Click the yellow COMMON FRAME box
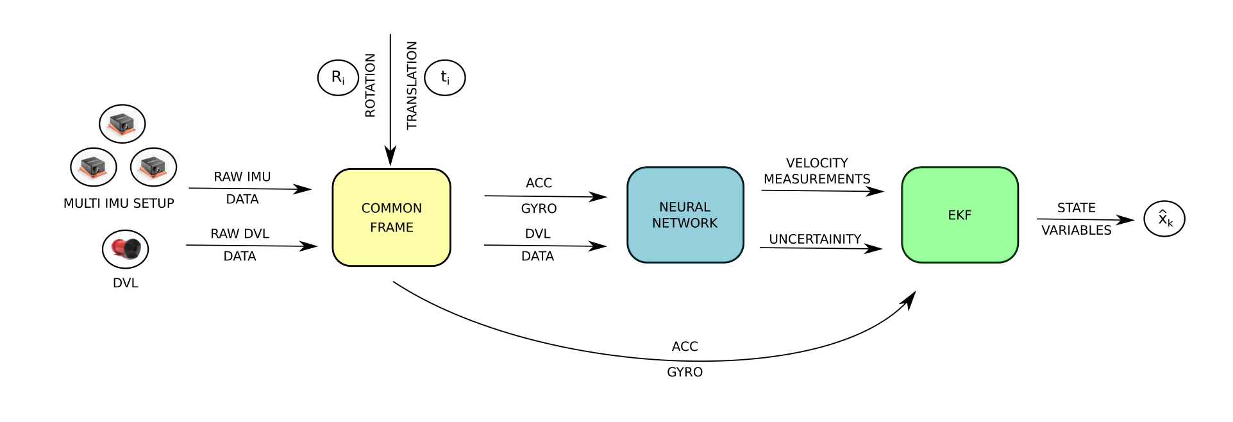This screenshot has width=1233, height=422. pos(391,217)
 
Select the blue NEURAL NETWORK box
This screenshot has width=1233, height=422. pos(685,215)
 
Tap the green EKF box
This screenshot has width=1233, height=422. pos(959,215)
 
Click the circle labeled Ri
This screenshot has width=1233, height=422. pos(338,78)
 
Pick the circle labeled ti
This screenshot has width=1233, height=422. pos(445,78)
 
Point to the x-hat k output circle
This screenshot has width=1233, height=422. pos(1164,219)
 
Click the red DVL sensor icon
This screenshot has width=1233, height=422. pos(125,249)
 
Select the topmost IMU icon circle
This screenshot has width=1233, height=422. pos(122,124)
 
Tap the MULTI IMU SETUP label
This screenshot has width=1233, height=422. pos(119,203)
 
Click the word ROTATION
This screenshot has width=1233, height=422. pos(370,85)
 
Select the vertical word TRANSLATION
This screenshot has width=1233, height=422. pos(412,85)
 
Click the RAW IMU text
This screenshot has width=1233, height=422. pos(242,176)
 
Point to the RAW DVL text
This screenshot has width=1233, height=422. pos(240,233)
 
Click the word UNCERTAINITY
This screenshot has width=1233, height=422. pos(815,239)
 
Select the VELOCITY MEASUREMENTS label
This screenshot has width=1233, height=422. pos(817,171)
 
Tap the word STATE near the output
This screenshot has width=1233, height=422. pos(1076,208)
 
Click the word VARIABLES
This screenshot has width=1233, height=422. pos(1076,230)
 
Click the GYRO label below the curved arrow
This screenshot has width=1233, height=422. pos(684,372)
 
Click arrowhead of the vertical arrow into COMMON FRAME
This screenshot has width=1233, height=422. pos(390,157)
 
